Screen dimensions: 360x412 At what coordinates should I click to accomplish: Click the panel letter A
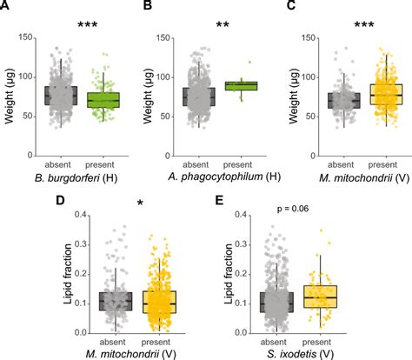[x=6, y=6]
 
